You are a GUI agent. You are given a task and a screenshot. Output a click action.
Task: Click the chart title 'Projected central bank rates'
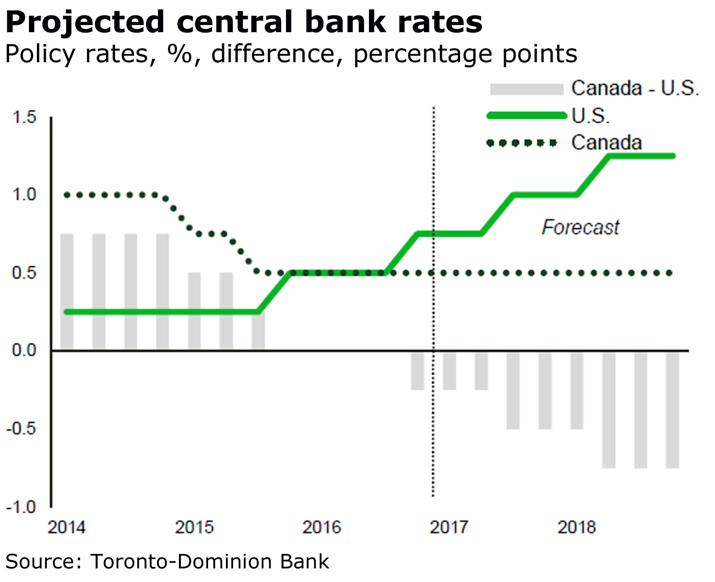[244, 22]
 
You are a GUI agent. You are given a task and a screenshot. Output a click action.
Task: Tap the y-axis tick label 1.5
[24, 117]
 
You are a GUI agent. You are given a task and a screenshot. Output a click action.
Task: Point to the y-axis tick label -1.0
[21, 507]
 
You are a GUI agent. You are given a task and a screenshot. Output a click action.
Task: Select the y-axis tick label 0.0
[24, 350]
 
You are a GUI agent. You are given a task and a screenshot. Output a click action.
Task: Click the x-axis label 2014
[67, 527]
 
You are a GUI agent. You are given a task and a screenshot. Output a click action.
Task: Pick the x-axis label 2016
[322, 527]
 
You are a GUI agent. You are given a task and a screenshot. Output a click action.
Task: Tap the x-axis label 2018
[577, 527]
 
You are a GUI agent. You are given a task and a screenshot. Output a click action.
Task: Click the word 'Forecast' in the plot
[580, 228]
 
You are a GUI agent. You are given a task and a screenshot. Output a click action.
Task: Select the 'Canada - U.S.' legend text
[635, 88]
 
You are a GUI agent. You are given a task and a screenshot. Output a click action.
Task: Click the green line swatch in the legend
[527, 116]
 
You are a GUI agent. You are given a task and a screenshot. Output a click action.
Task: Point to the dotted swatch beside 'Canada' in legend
[522, 143]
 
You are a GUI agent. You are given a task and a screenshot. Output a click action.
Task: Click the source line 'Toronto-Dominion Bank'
[209, 561]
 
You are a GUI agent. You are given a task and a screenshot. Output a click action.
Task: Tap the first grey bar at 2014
[67, 292]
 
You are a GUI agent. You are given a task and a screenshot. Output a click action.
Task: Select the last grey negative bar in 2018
[672, 410]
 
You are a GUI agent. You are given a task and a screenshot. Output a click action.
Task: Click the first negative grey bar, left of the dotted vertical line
[417, 371]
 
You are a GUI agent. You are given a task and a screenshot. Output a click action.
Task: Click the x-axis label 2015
[194, 527]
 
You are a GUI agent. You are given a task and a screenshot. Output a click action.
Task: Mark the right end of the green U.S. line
[673, 156]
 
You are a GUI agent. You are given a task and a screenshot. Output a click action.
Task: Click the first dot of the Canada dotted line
[67, 195]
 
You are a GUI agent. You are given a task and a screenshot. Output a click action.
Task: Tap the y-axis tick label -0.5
[21, 429]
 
